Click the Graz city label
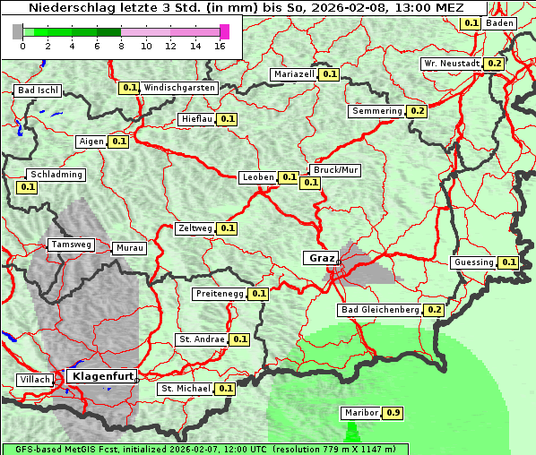pos(321,258)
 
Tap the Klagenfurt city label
pos(101,376)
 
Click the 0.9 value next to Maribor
pos(393,413)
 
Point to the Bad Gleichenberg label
pos(379,310)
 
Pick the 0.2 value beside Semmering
pos(416,111)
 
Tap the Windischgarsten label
pos(179,88)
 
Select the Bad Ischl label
pos(38,90)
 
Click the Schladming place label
pos(56,175)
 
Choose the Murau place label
pos(129,248)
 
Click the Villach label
pos(35,380)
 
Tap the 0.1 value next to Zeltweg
pos(227,228)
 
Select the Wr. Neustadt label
pos(452,64)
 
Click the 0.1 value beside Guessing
pos(509,262)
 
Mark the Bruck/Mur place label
pos(334,169)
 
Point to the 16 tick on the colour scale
pos(220,46)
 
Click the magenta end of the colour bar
pos(224,31)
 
